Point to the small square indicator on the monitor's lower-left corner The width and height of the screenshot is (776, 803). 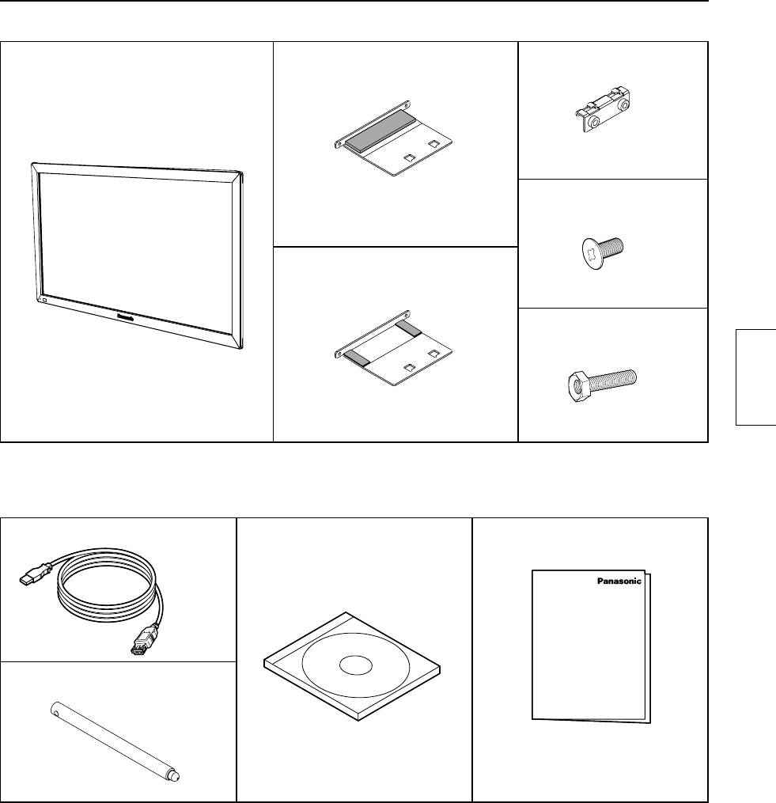coord(44,301)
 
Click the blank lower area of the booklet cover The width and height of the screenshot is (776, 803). coord(589,672)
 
